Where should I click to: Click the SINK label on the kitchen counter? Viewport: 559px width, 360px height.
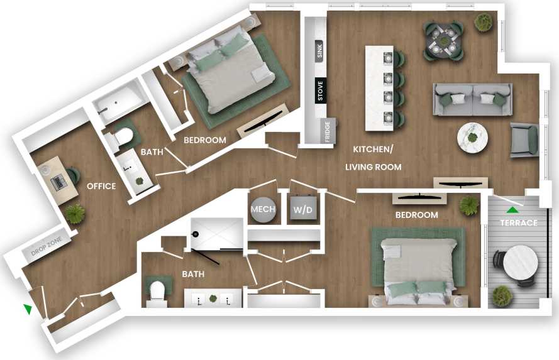pyautogui.click(x=319, y=51)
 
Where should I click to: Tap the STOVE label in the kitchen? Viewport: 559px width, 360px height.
pyautogui.click(x=319, y=90)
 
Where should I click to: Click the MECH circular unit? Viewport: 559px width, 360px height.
pyautogui.click(x=262, y=209)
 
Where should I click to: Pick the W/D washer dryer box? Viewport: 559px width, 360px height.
pyautogui.click(x=302, y=209)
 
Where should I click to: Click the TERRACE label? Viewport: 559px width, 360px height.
pyautogui.click(x=518, y=223)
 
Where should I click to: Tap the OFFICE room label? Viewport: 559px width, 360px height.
pyautogui.click(x=101, y=186)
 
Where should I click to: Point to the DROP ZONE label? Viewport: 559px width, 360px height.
pyautogui.click(x=48, y=251)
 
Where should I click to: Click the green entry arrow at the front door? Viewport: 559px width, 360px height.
pyautogui.click(x=28, y=308)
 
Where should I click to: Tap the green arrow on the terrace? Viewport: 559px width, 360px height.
pyautogui.click(x=514, y=210)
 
